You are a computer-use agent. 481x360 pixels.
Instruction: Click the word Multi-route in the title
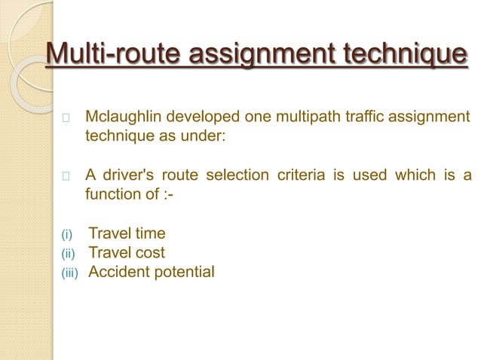click(x=112, y=55)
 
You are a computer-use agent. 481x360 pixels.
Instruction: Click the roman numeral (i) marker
click(x=66, y=235)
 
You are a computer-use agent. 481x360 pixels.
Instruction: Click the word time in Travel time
click(x=150, y=234)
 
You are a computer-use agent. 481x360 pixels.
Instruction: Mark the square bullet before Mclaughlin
click(x=66, y=118)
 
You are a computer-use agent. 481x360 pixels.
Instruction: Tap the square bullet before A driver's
click(x=66, y=177)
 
